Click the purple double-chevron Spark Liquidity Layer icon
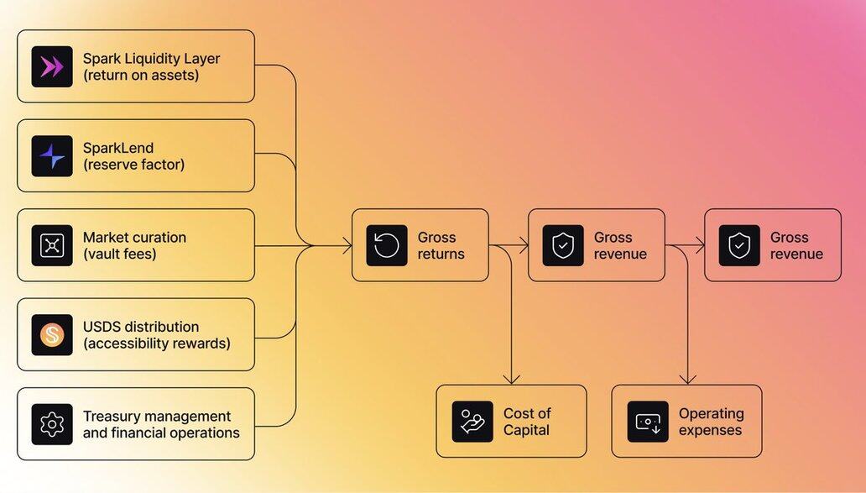coord(52,67)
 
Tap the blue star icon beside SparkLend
coord(52,156)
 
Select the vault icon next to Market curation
coord(52,246)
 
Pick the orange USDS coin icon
coord(52,335)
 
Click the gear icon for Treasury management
coord(52,424)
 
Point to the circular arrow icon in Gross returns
coord(387,246)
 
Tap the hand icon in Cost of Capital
coord(472,422)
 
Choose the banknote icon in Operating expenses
coord(648,422)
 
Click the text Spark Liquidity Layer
coord(151,59)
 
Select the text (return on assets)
coord(141,76)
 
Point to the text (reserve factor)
coord(133,165)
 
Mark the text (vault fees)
coord(119,254)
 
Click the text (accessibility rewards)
coord(156,343)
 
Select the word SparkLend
coord(118,148)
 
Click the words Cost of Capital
coord(527,422)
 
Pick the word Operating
coord(711,413)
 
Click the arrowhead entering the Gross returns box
coord(347,246)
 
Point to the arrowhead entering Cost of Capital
coord(511,380)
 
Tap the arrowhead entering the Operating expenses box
coord(687,380)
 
